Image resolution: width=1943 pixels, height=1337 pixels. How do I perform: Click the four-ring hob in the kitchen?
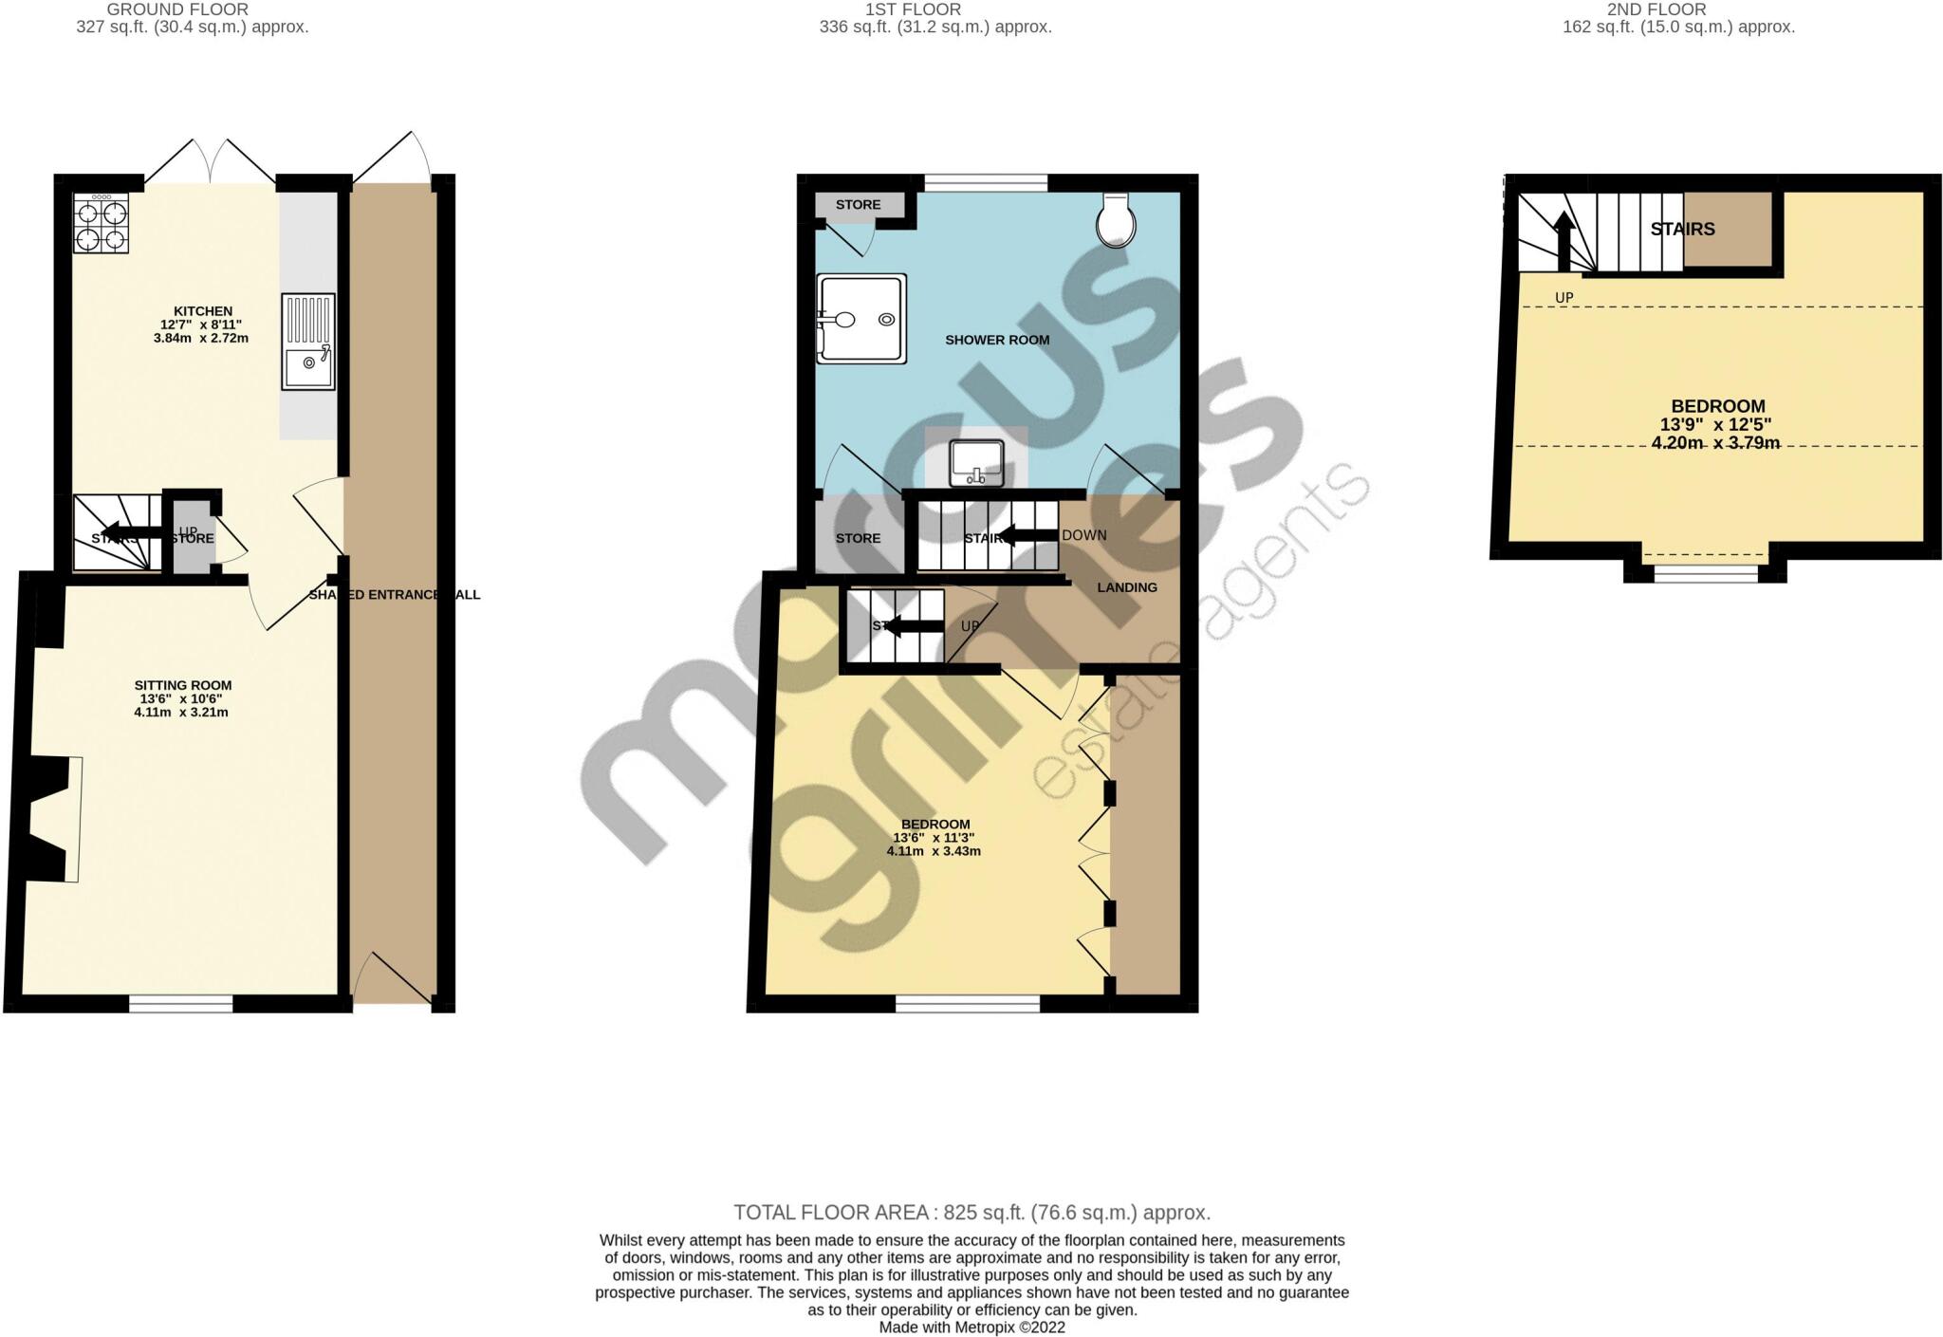pyautogui.click(x=101, y=224)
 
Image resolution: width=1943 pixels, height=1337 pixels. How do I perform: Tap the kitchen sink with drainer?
pyautogui.click(x=307, y=342)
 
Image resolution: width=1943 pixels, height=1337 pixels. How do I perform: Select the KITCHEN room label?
pyautogui.click(x=202, y=311)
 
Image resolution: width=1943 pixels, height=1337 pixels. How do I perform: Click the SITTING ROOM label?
pyautogui.click(x=182, y=685)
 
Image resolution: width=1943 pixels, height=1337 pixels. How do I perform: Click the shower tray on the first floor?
pyautogui.click(x=861, y=319)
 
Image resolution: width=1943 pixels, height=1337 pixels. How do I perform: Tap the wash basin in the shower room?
pyautogui.click(x=976, y=463)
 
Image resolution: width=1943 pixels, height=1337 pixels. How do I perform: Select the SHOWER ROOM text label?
pyautogui.click(x=997, y=340)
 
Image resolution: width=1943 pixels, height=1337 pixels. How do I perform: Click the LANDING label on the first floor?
pyautogui.click(x=1127, y=587)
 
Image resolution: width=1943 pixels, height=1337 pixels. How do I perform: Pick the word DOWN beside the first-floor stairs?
pyautogui.click(x=1084, y=535)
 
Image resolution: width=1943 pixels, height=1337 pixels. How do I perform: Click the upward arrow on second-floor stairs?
pyautogui.click(x=1563, y=237)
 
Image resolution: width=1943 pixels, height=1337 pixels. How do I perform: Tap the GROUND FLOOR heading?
pyautogui.click(x=177, y=9)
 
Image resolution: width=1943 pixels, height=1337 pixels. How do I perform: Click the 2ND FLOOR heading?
pyautogui.click(x=1670, y=9)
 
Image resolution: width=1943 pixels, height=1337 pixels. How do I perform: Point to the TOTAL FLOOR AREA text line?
pyautogui.click(x=971, y=1213)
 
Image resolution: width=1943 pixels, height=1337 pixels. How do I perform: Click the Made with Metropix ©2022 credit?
pyautogui.click(x=971, y=1328)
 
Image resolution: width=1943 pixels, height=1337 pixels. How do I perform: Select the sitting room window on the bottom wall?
pyautogui.click(x=181, y=1004)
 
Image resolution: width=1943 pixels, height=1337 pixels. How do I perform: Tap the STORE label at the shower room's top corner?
pyautogui.click(x=858, y=205)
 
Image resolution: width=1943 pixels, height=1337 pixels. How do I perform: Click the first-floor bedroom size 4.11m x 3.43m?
pyautogui.click(x=934, y=851)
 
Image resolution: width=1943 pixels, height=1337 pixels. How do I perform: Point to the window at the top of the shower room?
pyautogui.click(x=986, y=182)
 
